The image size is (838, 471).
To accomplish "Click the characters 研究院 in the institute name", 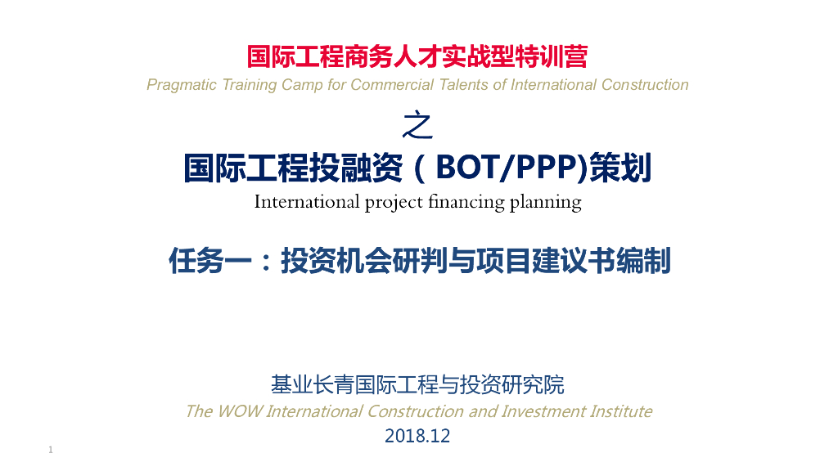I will point(543,384).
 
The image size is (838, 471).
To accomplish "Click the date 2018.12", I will point(417,437).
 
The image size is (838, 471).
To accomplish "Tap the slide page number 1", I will point(51,451).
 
